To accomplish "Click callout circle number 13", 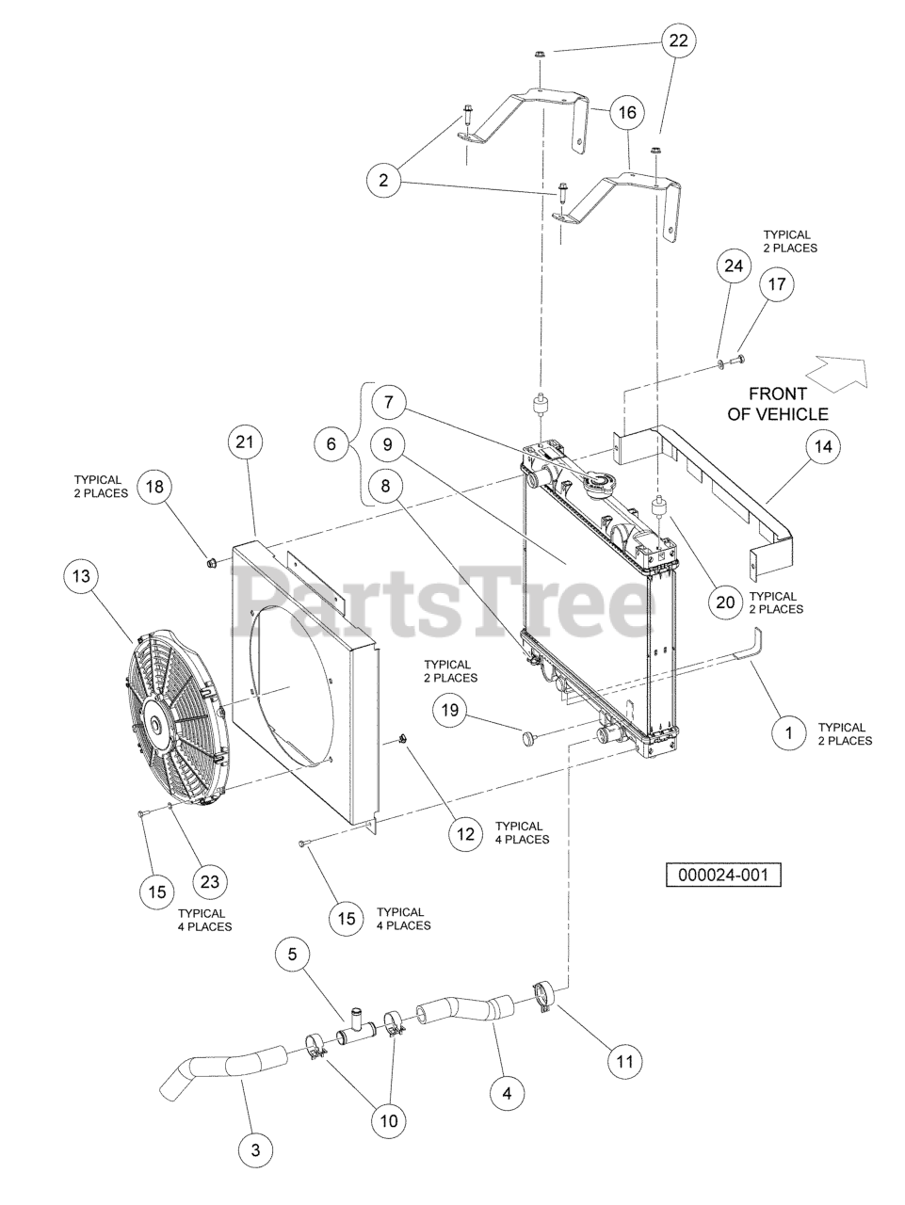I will click(x=82, y=573).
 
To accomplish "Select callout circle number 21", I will click(x=245, y=442).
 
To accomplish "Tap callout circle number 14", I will click(x=822, y=447).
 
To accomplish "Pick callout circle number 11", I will click(x=623, y=1062).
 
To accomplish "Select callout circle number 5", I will click(x=292, y=956).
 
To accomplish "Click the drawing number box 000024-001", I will click(x=723, y=875).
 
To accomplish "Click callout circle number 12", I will click(x=465, y=833).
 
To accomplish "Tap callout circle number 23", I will click(x=210, y=880).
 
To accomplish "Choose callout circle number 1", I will click(x=788, y=732).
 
